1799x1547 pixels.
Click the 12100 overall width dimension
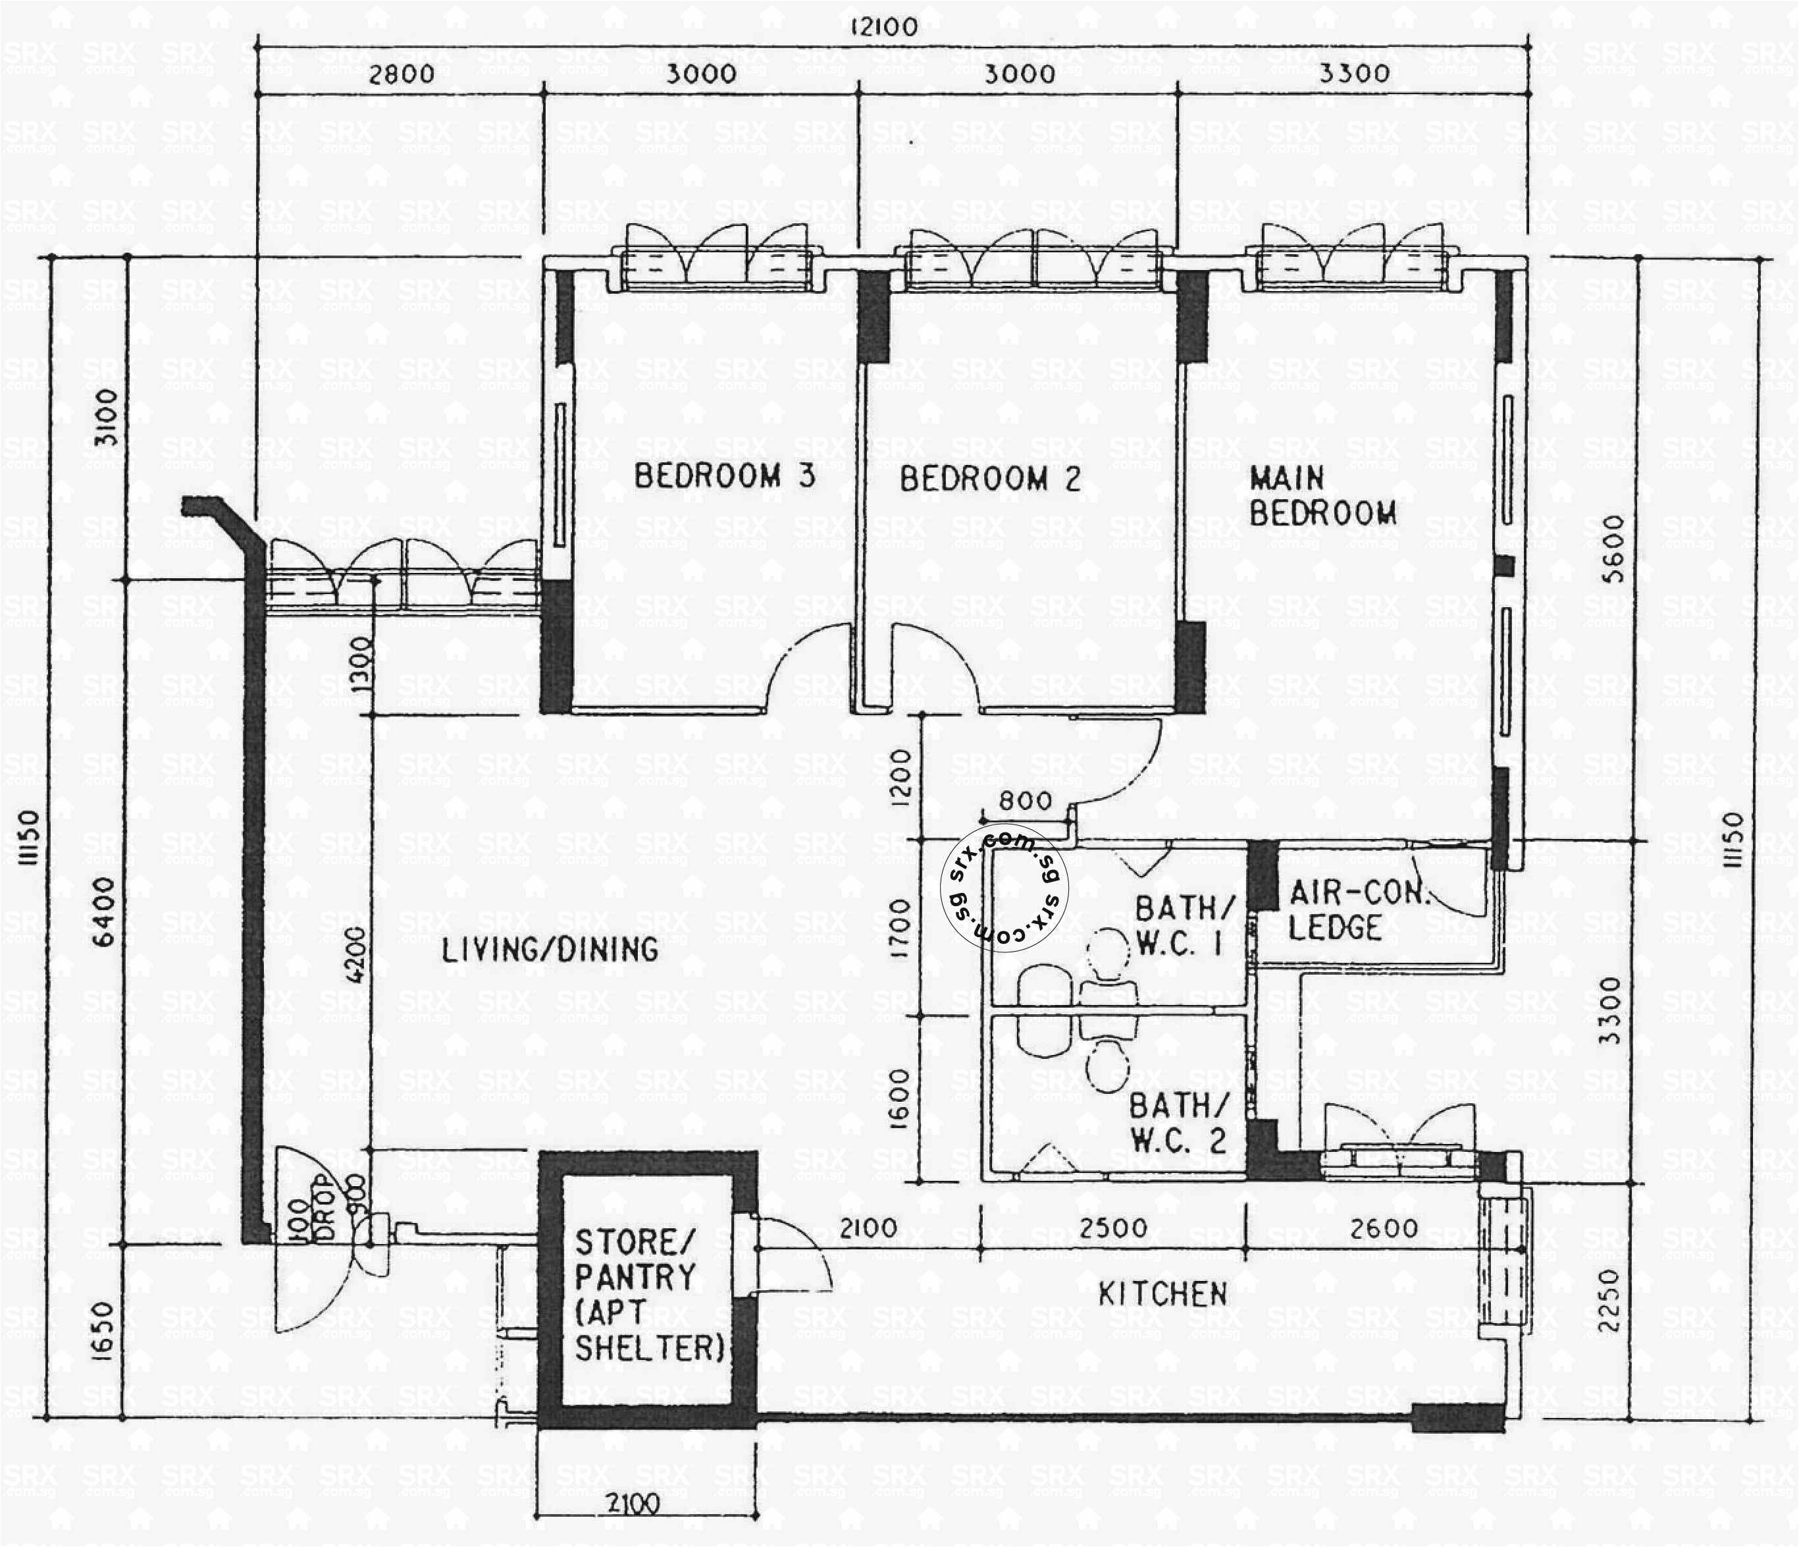[883, 27]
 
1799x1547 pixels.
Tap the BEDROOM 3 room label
[724, 476]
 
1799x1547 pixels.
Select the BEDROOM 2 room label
[990, 479]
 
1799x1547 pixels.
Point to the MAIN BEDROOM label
[1322, 496]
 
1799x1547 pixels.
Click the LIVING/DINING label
[550, 950]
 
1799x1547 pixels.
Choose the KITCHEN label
[1162, 1294]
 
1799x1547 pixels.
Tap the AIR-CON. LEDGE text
[1357, 910]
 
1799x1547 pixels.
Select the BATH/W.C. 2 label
[1179, 1123]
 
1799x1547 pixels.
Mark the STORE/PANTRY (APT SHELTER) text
[648, 1294]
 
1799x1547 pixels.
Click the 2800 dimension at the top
[401, 74]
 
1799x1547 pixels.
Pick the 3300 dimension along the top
[1353, 74]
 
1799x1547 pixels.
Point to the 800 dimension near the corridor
[1024, 801]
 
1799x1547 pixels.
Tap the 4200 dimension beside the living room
[357, 956]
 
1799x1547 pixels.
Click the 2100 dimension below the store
[632, 1504]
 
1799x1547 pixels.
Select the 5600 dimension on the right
[1612, 549]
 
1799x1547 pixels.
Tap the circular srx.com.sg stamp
[1004, 888]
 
